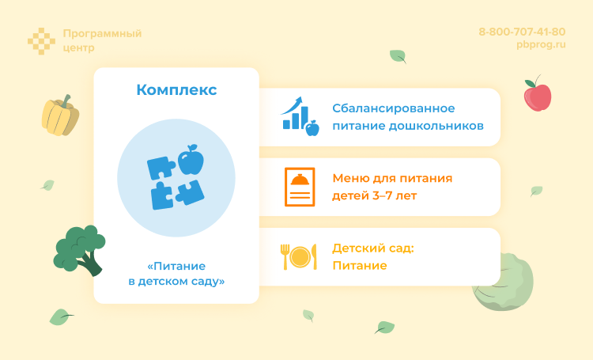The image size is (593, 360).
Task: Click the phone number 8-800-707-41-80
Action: (522, 32)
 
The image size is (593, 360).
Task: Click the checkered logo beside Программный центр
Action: (40, 40)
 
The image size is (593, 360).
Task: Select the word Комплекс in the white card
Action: (176, 90)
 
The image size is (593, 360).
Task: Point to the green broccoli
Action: (79, 248)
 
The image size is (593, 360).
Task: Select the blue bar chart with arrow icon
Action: (300, 116)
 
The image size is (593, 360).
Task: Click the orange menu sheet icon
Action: (300, 188)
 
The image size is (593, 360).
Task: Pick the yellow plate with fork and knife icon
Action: (299, 256)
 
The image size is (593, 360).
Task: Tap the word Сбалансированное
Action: (394, 108)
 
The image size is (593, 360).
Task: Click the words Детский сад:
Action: (373, 248)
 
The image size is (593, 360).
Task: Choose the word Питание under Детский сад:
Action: (360, 265)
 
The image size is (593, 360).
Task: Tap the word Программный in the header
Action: (102, 33)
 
